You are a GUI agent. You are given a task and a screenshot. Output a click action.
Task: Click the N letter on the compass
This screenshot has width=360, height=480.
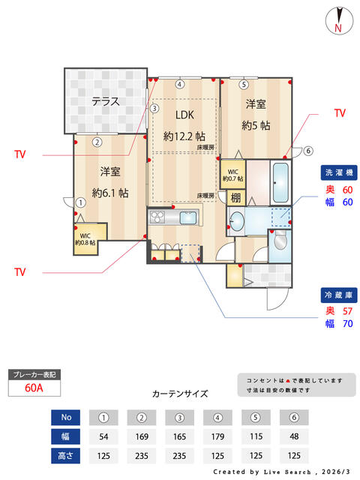(x=338, y=28)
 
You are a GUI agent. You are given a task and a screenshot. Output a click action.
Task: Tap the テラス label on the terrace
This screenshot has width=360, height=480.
(x=105, y=101)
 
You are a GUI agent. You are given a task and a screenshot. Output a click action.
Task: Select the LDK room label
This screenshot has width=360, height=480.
(x=184, y=115)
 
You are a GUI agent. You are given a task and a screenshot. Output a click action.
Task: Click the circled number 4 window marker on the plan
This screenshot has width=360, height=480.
(x=180, y=84)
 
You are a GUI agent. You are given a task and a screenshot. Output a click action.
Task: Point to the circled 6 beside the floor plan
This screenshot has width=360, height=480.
(x=308, y=151)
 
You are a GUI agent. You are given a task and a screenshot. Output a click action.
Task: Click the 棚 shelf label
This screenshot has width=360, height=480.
(x=235, y=198)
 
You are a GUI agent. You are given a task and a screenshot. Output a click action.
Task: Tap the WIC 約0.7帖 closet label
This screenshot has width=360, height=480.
(x=232, y=175)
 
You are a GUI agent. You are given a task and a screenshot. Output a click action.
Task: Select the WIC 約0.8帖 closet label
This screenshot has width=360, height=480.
(x=85, y=239)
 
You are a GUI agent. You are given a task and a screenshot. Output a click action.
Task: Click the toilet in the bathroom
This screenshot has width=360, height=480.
(x=280, y=240)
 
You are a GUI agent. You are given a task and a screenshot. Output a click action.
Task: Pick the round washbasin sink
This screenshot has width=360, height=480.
(x=237, y=220)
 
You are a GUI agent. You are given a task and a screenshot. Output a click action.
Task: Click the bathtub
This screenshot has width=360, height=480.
(x=280, y=182)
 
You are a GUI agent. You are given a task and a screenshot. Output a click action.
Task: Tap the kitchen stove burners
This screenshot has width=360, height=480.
(x=157, y=217)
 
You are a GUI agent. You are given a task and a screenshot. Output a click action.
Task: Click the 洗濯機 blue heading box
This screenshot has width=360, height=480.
(x=339, y=172)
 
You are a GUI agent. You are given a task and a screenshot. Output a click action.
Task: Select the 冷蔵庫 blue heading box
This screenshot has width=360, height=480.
(x=339, y=295)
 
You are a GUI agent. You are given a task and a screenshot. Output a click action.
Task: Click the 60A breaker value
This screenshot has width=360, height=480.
(x=34, y=388)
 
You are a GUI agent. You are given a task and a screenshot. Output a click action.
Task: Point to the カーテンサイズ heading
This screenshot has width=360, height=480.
(x=180, y=394)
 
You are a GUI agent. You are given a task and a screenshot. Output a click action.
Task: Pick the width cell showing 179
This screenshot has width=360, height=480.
(x=217, y=436)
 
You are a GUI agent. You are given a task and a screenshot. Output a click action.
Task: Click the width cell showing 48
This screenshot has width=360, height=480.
(x=294, y=436)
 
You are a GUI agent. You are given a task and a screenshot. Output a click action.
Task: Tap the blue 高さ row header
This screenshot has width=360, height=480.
(x=65, y=456)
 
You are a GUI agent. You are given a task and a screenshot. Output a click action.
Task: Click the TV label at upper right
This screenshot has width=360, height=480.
(x=340, y=113)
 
